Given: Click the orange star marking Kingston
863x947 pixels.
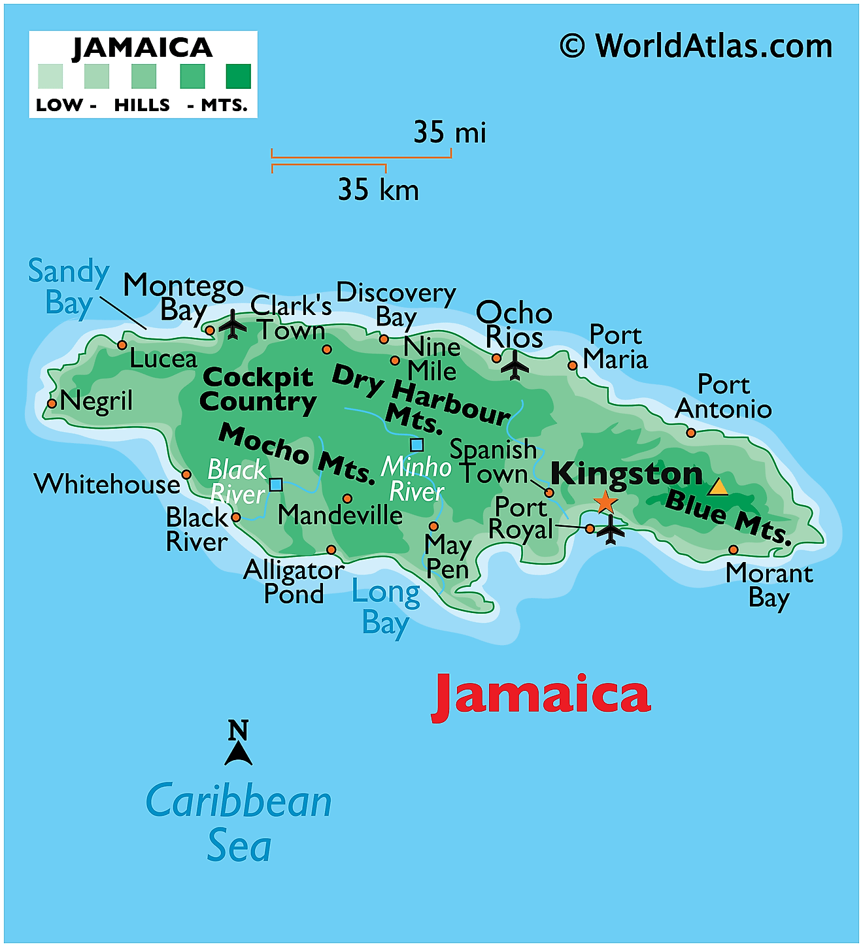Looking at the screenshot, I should tap(605, 502).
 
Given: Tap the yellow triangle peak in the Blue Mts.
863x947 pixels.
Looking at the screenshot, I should tap(718, 487).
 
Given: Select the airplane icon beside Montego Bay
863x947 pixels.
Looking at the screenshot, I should tap(232, 324).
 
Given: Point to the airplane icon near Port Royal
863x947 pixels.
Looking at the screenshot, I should tap(611, 529).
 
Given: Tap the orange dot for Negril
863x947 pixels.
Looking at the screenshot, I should tap(52, 403).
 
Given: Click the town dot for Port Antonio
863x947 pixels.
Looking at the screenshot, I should tap(691, 433).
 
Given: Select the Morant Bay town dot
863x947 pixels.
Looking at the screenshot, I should tap(734, 550).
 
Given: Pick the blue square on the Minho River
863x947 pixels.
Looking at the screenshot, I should tap(416, 445).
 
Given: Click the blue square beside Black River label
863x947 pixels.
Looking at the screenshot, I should tap(276, 484).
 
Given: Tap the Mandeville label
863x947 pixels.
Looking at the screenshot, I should tap(340, 516).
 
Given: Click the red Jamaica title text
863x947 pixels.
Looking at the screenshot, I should tap(541, 695).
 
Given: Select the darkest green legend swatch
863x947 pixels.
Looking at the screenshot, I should tap(238, 76).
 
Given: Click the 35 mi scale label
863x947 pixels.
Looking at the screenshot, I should tap(450, 133).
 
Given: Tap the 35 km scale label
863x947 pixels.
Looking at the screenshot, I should tap(378, 190).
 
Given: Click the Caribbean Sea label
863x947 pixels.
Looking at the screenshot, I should tap(239, 822).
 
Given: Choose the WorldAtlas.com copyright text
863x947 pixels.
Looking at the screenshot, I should tap(696, 47).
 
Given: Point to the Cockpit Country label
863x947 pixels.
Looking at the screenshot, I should tap(258, 390).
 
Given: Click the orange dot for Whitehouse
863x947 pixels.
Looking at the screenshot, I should tap(186, 474).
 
